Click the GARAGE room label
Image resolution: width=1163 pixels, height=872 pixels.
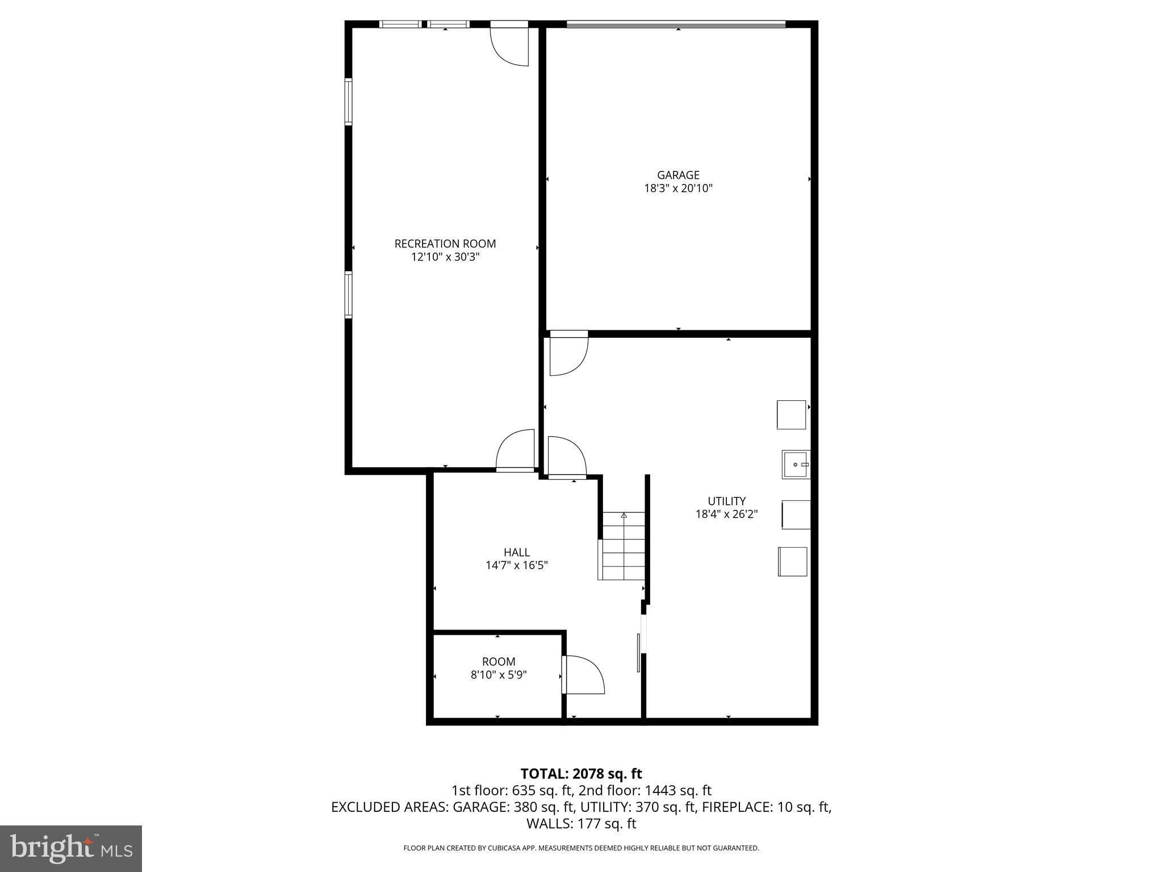pos(678,175)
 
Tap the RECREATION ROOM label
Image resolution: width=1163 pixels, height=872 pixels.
pos(445,244)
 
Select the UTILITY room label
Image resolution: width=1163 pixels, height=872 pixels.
pos(726,501)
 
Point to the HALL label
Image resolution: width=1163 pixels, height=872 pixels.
pos(517,552)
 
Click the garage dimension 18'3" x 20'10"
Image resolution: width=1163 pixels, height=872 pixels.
pos(678,188)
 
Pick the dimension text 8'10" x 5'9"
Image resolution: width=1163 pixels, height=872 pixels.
pos(499,675)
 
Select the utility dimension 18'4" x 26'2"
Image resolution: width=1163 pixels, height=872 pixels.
pos(726,514)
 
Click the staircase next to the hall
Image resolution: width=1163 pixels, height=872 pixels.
pos(623,546)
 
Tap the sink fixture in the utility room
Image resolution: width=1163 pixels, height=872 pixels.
pos(796,464)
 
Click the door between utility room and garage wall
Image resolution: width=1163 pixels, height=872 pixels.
pos(568,355)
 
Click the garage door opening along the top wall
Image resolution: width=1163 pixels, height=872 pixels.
pos(676,24)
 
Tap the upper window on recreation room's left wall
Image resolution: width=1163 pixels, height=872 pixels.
pos(349,102)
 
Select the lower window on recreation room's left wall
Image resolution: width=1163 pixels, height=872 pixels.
pos(349,295)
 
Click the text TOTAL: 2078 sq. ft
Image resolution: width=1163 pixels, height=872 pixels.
pos(581,774)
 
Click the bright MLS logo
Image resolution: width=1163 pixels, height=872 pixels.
pos(71,848)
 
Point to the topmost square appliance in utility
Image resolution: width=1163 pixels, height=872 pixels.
pos(792,414)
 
